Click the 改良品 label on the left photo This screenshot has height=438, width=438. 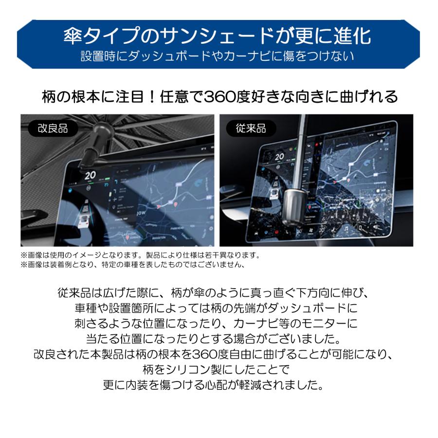pos(53,128)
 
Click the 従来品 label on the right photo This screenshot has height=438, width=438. pos(251,128)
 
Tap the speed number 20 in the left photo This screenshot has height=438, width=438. pos(90,176)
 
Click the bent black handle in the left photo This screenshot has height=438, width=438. pos(92,146)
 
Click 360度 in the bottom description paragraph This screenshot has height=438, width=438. pos(210,353)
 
